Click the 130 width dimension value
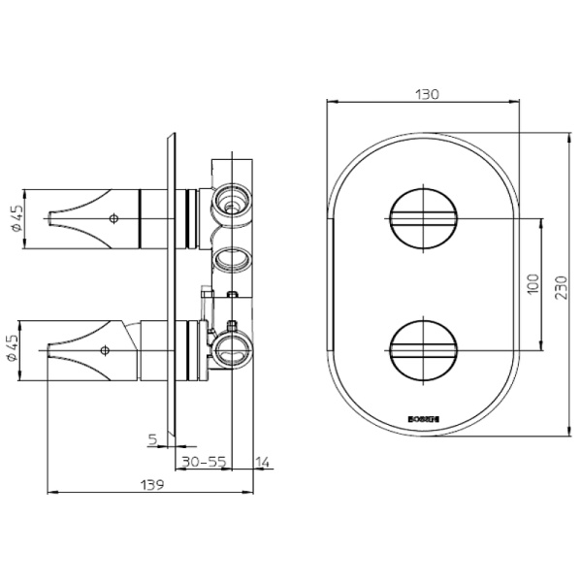[x=427, y=94]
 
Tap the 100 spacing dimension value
[x=532, y=282]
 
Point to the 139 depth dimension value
[x=149, y=482]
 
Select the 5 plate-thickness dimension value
[x=153, y=439]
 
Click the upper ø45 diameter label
[x=16, y=218]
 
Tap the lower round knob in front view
[x=422, y=345]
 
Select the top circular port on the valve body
[x=231, y=199]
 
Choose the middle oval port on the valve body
[x=231, y=259]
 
